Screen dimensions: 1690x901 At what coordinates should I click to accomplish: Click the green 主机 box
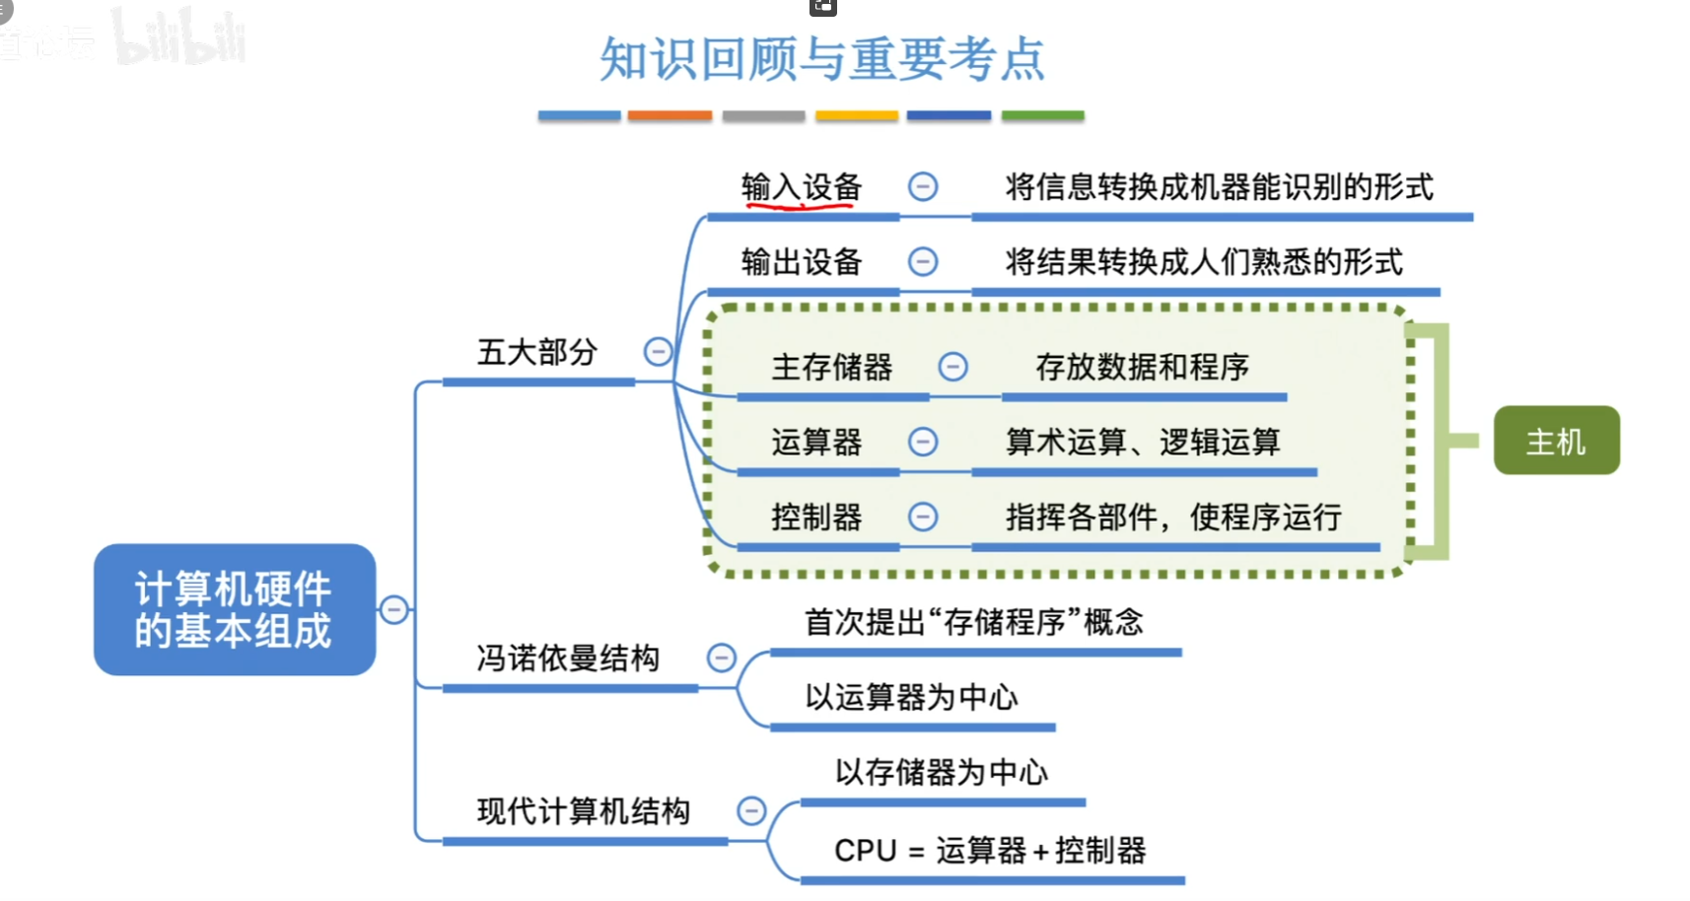1557,441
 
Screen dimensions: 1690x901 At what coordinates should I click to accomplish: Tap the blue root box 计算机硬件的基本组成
235,610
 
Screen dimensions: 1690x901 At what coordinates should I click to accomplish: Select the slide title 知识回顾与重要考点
822,59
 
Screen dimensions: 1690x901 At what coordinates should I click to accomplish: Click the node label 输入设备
802,187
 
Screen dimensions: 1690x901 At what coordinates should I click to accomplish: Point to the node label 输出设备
802,262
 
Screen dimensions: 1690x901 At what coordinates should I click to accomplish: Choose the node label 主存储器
832,368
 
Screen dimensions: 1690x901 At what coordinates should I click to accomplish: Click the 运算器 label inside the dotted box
817,443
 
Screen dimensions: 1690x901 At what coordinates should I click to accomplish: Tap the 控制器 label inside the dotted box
817,518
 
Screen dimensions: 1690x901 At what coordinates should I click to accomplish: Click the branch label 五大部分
537,352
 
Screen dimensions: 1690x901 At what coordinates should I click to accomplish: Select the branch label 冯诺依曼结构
568,658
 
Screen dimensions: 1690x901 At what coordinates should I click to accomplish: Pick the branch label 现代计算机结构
583,811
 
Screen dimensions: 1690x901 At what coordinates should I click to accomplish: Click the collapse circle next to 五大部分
658,352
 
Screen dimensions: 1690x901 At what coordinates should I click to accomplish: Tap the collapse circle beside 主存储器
952,367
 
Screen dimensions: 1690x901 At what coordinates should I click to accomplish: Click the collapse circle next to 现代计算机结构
751,811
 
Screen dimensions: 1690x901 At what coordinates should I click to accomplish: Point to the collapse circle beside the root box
393,610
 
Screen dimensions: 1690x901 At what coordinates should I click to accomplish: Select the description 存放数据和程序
1143,368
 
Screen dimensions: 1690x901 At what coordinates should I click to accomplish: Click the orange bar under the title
669,115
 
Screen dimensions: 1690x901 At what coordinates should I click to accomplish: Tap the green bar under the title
1042,115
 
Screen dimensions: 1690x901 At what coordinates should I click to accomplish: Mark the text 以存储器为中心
942,773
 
